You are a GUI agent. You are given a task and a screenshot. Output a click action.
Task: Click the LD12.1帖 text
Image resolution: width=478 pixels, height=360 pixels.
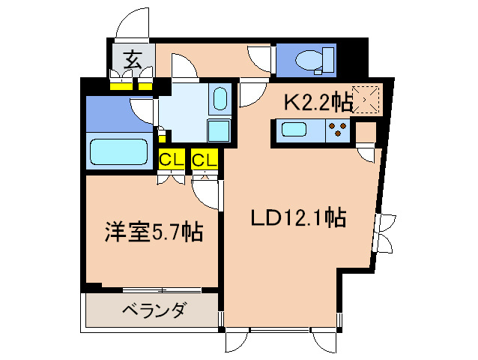point(297,218)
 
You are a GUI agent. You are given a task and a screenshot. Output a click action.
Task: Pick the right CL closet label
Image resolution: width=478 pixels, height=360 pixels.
point(204,159)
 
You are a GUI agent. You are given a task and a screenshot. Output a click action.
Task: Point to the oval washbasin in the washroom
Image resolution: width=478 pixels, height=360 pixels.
point(220,98)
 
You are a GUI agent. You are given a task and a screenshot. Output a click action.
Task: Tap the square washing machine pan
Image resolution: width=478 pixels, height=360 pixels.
point(220,130)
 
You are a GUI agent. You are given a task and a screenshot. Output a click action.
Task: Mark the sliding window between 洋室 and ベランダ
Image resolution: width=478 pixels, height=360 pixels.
point(160,289)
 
